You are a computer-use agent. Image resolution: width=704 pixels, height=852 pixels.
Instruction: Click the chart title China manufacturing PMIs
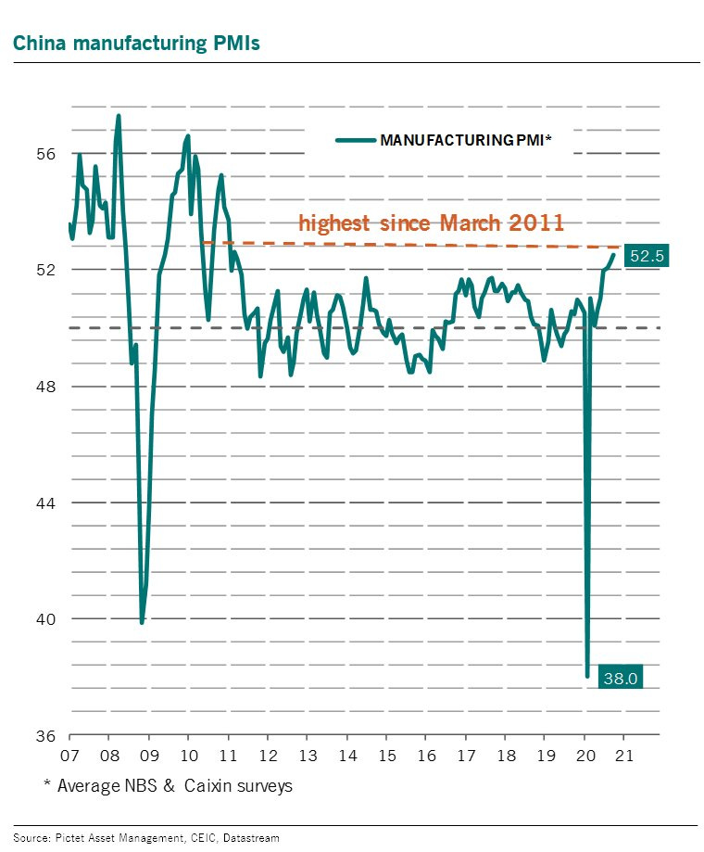[135, 43]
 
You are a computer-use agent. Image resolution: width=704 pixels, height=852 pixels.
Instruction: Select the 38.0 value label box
[620, 678]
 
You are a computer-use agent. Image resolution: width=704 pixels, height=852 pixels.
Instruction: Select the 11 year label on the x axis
[227, 755]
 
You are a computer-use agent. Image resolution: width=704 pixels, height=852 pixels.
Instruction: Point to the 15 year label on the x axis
[384, 755]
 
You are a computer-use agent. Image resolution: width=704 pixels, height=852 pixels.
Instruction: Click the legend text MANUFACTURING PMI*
[466, 140]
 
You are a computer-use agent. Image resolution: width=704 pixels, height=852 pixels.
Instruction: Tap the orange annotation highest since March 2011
[431, 223]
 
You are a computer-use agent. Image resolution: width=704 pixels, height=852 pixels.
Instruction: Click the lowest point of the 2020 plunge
[587, 676]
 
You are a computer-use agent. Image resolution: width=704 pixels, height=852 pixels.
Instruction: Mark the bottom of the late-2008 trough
[142, 622]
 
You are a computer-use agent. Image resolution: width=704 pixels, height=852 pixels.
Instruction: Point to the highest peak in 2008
[119, 116]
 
